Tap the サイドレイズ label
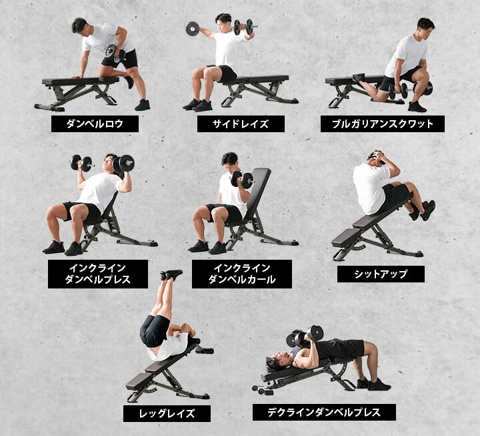point(240,124)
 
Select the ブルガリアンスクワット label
point(382,124)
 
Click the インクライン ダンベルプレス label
point(97,274)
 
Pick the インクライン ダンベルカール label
point(241,274)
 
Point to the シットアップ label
point(381,274)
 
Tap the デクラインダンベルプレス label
point(324,412)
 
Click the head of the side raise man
point(223,20)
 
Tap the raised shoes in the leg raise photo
point(171,274)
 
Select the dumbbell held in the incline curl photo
point(242,179)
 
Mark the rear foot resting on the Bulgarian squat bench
point(359,78)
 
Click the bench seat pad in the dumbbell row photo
point(80,81)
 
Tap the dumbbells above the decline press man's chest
point(305,335)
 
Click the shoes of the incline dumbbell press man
point(63,248)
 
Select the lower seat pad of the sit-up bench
point(347,236)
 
